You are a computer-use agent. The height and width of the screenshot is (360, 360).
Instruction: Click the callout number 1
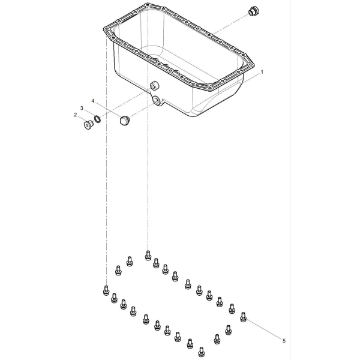tap(262, 72)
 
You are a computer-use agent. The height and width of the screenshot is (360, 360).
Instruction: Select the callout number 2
tap(76, 115)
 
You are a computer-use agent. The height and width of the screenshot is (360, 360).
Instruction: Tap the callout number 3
tap(82, 108)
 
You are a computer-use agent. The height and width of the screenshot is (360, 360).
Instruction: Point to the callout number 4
tap(93, 101)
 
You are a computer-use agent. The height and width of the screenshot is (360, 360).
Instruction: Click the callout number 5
tap(284, 341)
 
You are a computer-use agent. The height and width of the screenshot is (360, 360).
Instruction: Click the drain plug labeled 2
tap(88, 125)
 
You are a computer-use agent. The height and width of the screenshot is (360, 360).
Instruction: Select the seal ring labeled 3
tap(97, 119)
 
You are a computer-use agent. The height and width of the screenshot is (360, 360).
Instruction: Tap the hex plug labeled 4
tap(125, 121)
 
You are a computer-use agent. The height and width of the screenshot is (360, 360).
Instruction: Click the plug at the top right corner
tap(254, 11)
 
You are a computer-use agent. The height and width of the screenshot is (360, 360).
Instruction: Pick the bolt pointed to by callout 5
tap(244, 317)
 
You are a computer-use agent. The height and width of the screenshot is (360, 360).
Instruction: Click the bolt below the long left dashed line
tap(106, 290)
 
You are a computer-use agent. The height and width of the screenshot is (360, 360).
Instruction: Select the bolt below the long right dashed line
tap(148, 256)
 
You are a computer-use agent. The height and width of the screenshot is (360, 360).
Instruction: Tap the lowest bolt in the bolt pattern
tap(202, 352)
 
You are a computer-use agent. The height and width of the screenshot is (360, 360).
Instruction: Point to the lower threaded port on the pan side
tap(157, 100)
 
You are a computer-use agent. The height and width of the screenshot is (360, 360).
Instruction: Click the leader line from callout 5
tap(264, 329)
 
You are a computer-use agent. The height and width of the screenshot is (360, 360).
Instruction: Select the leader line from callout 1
tap(252, 78)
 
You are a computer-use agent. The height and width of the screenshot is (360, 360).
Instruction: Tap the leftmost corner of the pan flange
tap(104, 29)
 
